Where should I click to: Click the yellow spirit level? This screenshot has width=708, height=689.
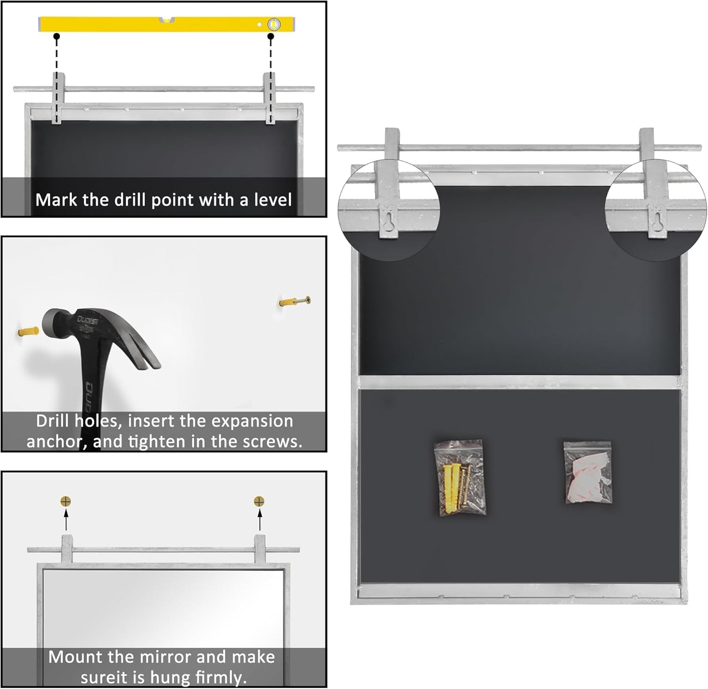click(167, 24)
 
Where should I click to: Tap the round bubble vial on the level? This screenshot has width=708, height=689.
click(274, 24)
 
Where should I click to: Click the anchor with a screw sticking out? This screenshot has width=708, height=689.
click(295, 301)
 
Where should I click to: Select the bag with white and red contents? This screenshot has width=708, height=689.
click(588, 472)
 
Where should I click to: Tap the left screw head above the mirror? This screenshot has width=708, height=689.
click(66, 501)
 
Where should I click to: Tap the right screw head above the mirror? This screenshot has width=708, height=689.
click(259, 501)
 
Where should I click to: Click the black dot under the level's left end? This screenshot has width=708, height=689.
click(56, 36)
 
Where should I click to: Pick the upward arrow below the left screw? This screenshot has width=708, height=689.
click(66, 519)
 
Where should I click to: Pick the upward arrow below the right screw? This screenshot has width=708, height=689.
click(259, 519)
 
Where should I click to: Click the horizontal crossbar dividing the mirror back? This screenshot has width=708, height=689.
click(519, 382)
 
